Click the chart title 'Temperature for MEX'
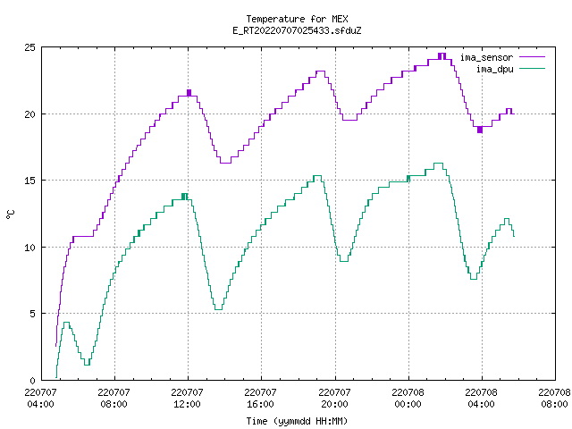pyautogui.click(x=297, y=19)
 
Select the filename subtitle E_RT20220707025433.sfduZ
pyautogui.click(x=297, y=30)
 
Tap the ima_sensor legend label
pyautogui.click(x=486, y=57)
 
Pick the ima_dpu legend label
pyautogui.click(x=494, y=69)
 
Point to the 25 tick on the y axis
pyautogui.click(x=29, y=47)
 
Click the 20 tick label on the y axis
pyautogui.click(x=29, y=114)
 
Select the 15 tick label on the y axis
pyautogui.click(x=29, y=181)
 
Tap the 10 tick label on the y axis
pyautogui.click(x=29, y=248)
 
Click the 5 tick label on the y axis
pyautogui.click(x=33, y=314)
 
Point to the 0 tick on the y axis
pyautogui.click(x=33, y=381)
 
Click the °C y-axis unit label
pyautogui.click(x=10, y=214)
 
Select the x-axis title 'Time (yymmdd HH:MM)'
pyautogui.click(x=297, y=421)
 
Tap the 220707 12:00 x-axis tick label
pyautogui.click(x=187, y=398)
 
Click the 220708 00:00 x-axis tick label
pyautogui.click(x=408, y=398)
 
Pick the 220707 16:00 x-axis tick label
pyautogui.click(x=260, y=398)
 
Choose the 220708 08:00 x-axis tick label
pyautogui.click(x=554, y=398)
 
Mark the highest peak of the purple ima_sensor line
pyautogui.click(x=442, y=54)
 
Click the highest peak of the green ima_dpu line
pyautogui.click(x=439, y=163)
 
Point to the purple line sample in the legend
pyautogui.click(x=533, y=57)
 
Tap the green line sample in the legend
pyautogui.click(x=533, y=68)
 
